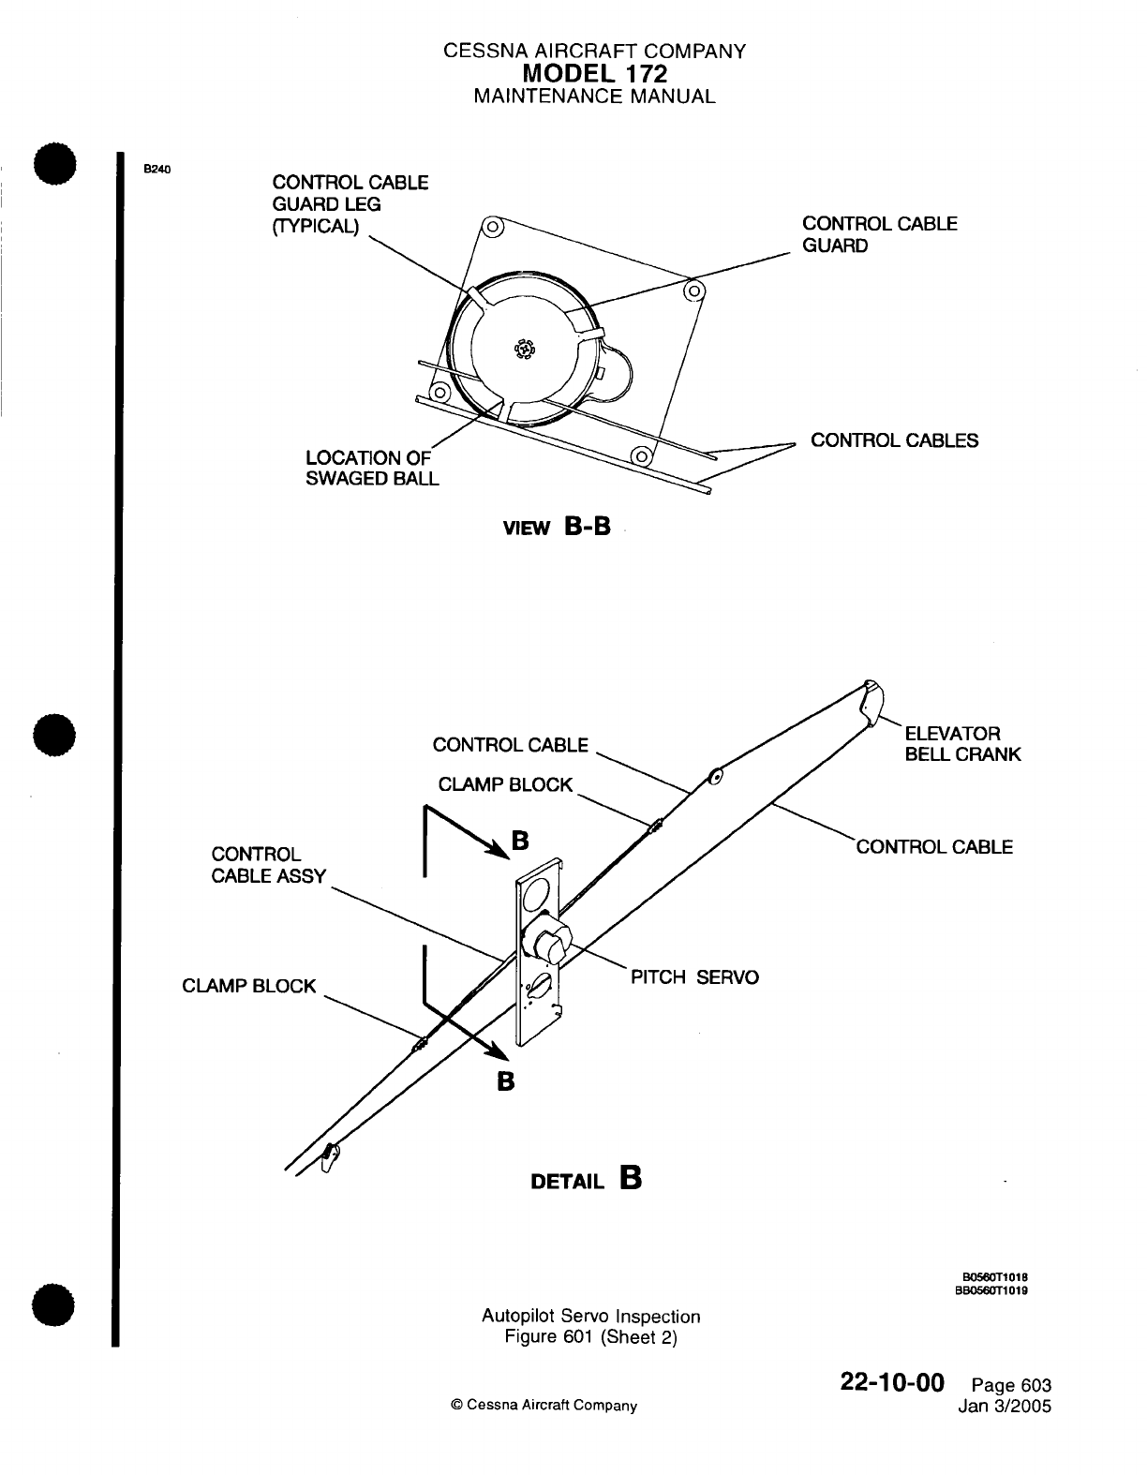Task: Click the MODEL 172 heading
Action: pyautogui.click(x=595, y=73)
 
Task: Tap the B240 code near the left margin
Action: pyautogui.click(x=155, y=170)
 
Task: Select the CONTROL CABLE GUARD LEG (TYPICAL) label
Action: pyautogui.click(x=350, y=204)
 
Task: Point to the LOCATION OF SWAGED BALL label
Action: pyautogui.click(x=372, y=468)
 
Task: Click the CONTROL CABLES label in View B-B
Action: pyautogui.click(x=894, y=440)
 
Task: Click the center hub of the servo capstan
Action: pyautogui.click(x=523, y=349)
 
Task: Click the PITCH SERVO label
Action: pyautogui.click(x=694, y=977)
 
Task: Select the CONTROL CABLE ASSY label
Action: pyautogui.click(x=269, y=865)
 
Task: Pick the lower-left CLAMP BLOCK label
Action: pyautogui.click(x=249, y=986)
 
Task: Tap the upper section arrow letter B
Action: pyautogui.click(x=520, y=842)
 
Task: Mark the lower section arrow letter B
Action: pyautogui.click(x=505, y=1080)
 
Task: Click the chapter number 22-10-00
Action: pyautogui.click(x=892, y=1382)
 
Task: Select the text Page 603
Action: pyautogui.click(x=1011, y=1386)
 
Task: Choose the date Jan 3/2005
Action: pyautogui.click(x=1005, y=1407)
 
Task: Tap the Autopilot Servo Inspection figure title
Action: pyautogui.click(x=590, y=1316)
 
